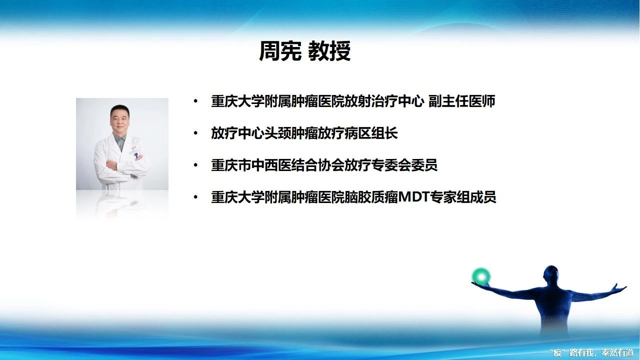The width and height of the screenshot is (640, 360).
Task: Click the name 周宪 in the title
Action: click(x=280, y=51)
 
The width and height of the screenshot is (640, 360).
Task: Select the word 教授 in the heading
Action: click(x=329, y=51)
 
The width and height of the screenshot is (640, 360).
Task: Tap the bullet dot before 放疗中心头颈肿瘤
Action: click(x=195, y=133)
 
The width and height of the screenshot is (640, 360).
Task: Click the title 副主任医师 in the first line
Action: click(x=461, y=101)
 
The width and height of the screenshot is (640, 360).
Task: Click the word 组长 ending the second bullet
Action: click(x=384, y=133)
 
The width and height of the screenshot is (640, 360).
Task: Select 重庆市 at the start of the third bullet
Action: click(x=231, y=165)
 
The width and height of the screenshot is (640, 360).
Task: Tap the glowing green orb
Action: click(x=481, y=277)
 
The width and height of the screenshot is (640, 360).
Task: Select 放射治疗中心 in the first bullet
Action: click(x=384, y=101)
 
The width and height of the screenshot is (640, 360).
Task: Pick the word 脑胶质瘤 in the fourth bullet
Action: click(x=371, y=197)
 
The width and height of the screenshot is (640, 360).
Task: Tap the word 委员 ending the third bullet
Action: click(x=424, y=165)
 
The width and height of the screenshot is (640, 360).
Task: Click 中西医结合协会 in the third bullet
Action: click(x=297, y=165)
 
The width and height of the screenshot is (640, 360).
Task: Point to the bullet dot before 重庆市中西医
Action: click(x=195, y=165)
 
